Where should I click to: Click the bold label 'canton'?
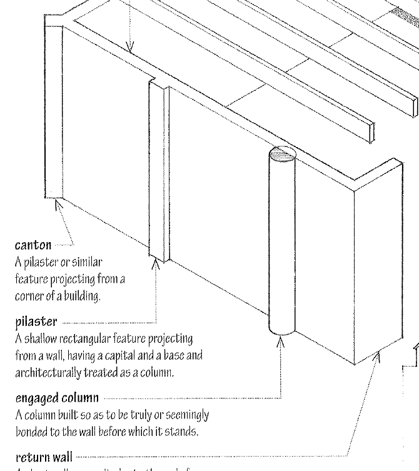click(33, 245)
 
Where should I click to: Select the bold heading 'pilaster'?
click(36, 322)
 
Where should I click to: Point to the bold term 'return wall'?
click(44, 458)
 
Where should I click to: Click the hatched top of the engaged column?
click(281, 154)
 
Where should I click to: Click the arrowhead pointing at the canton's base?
click(56, 204)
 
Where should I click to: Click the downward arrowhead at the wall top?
click(129, 47)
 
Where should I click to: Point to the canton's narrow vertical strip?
click(55, 113)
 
